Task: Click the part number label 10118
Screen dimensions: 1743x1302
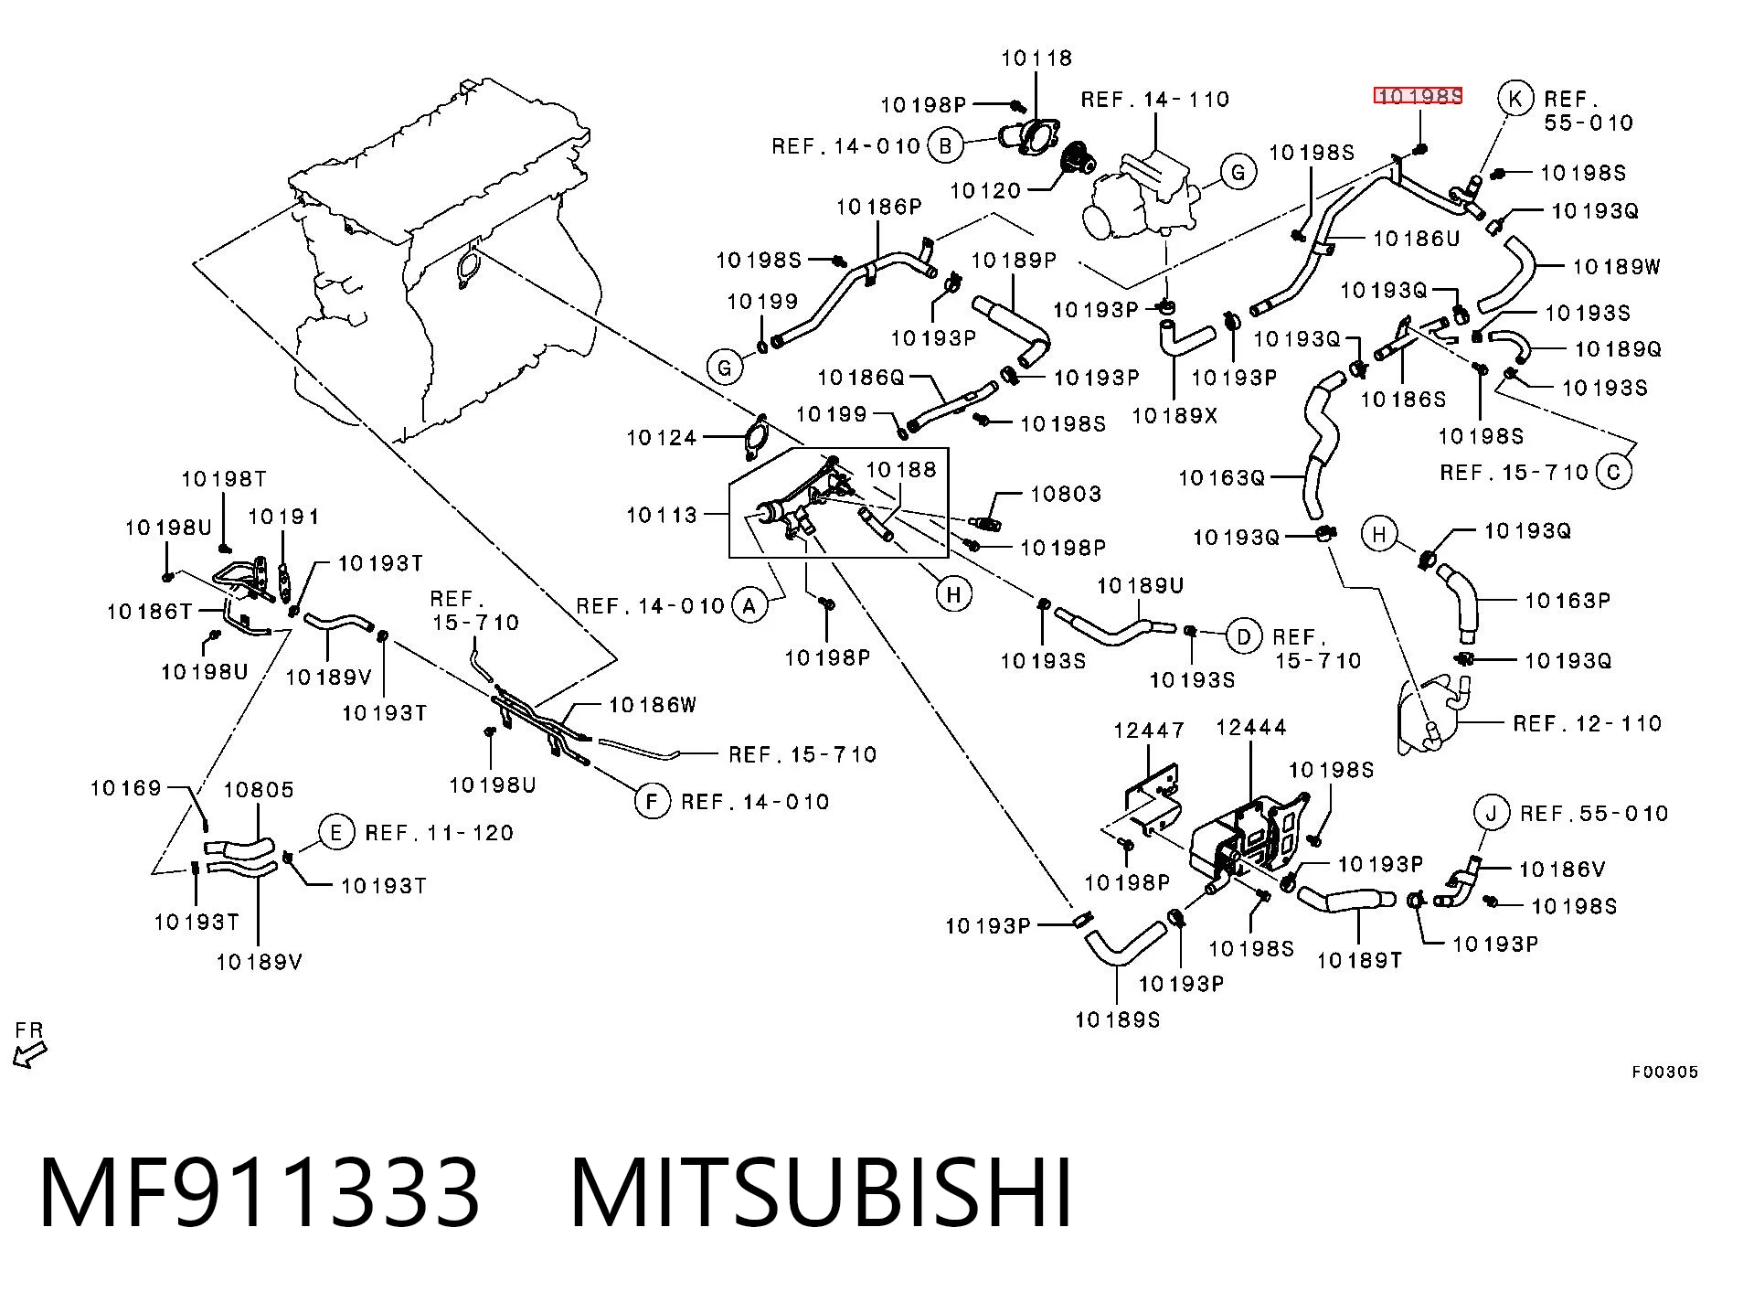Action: click(1036, 59)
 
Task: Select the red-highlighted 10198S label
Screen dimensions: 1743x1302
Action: click(1419, 96)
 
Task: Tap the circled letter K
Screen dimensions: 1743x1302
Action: click(1515, 99)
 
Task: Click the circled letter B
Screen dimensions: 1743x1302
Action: click(946, 145)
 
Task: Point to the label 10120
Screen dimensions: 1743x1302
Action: click(985, 190)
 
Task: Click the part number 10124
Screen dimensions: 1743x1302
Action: click(661, 438)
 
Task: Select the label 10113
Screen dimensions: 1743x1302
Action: click(661, 515)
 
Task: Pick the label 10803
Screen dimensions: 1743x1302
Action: click(1066, 494)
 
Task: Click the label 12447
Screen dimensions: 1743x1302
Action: click(1148, 731)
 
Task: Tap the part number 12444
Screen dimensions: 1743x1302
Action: click(1250, 728)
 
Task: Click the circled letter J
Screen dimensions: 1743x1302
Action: click(1493, 812)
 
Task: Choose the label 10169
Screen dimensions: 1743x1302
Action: click(125, 788)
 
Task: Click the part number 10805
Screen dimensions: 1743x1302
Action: click(259, 790)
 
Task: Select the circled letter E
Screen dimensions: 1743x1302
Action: click(336, 832)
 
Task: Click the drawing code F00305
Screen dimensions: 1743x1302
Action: click(1664, 1073)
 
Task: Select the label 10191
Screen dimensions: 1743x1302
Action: click(283, 518)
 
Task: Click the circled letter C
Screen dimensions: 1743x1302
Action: click(1613, 472)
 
